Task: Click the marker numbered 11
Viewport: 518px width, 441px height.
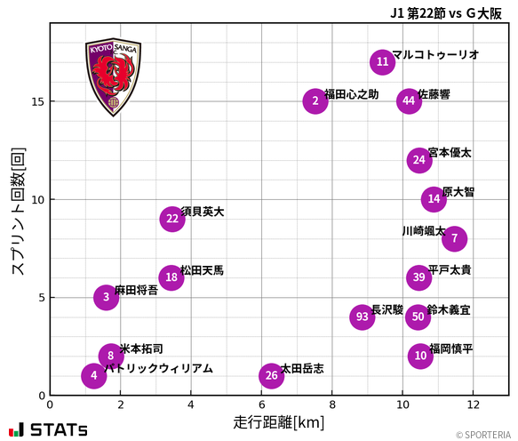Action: click(382, 61)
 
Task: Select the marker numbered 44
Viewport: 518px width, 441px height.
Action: click(408, 100)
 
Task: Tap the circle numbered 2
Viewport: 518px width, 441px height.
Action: click(315, 100)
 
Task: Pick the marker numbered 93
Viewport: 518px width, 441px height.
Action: click(362, 317)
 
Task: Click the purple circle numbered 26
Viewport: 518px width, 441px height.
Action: click(271, 375)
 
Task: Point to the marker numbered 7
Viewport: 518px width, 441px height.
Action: click(454, 238)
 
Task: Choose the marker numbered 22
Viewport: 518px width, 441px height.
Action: click(172, 219)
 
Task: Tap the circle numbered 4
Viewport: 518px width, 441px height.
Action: click(93, 376)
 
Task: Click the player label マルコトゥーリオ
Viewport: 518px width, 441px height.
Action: click(435, 55)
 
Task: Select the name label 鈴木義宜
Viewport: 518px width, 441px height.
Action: click(449, 310)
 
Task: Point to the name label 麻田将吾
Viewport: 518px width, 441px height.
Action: click(136, 291)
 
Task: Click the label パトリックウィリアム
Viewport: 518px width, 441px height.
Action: click(158, 368)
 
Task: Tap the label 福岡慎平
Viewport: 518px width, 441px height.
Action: click(450, 349)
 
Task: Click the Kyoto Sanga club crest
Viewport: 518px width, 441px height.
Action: click(112, 78)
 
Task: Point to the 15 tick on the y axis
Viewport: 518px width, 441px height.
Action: click(38, 101)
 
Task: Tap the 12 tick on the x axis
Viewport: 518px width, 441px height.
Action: click(473, 405)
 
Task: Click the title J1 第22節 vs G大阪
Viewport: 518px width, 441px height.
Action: click(449, 12)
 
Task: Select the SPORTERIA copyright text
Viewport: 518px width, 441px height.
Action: click(484, 435)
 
